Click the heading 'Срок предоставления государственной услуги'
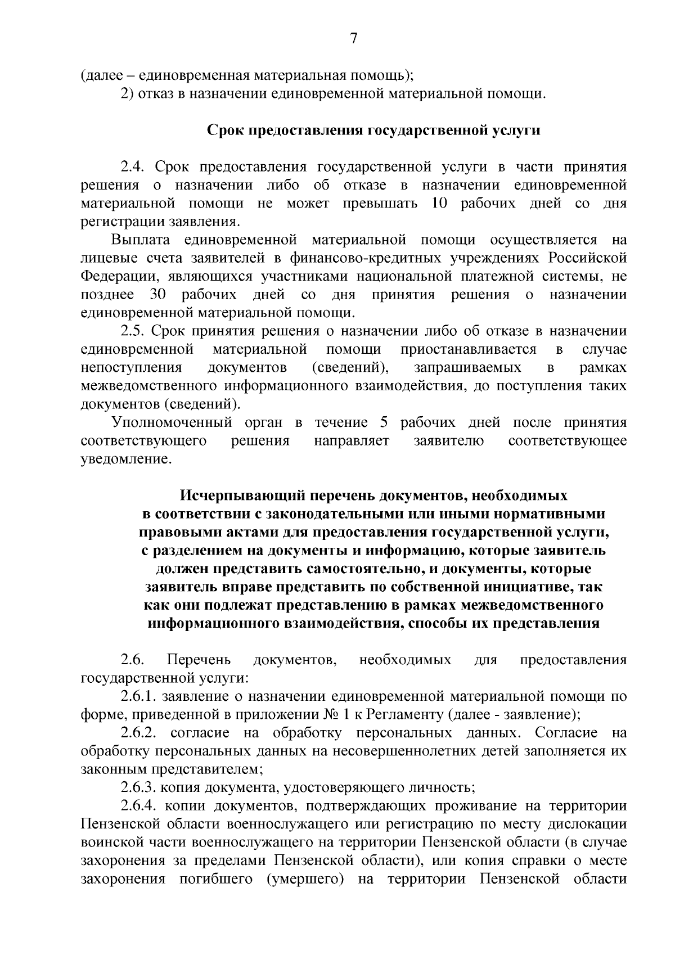[374, 130]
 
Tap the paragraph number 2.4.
[133, 167]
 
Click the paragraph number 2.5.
[133, 331]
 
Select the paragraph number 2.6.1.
[139, 696]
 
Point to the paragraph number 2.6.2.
[139, 733]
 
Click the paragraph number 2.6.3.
[139, 787]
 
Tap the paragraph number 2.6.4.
[139, 806]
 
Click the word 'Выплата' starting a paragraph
[141, 240]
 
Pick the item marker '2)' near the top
[127, 92]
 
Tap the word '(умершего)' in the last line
[305, 879]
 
